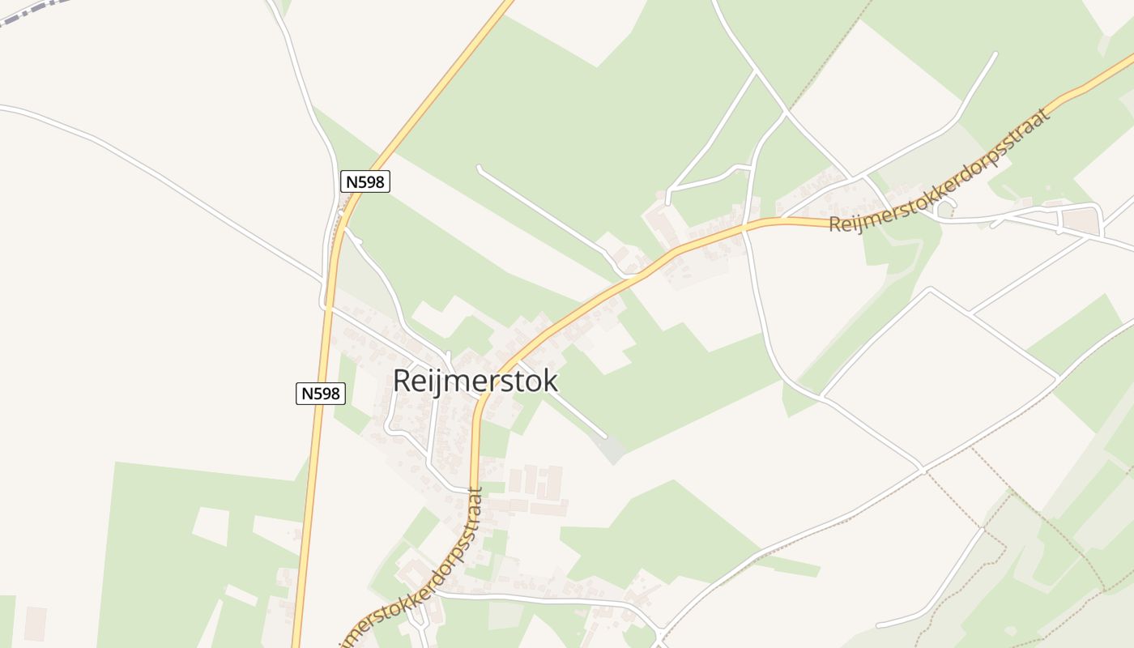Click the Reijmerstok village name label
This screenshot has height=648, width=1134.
pos(475,381)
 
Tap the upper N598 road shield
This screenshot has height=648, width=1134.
pos(365,181)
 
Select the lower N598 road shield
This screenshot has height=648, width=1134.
pos(320,394)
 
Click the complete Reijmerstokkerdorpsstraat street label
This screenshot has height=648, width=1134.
pos(940,171)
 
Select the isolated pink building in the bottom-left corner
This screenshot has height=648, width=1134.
pos(36,623)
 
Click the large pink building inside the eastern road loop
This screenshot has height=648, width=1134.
pos(1080,220)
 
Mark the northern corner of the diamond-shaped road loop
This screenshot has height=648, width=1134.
pos(931,289)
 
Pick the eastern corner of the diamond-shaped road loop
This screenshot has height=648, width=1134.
pos(1057,377)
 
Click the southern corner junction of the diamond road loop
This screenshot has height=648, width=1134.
pos(922,467)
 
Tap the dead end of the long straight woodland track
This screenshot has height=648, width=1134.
pos(480,168)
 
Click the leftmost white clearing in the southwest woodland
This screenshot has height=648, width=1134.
pos(211,526)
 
